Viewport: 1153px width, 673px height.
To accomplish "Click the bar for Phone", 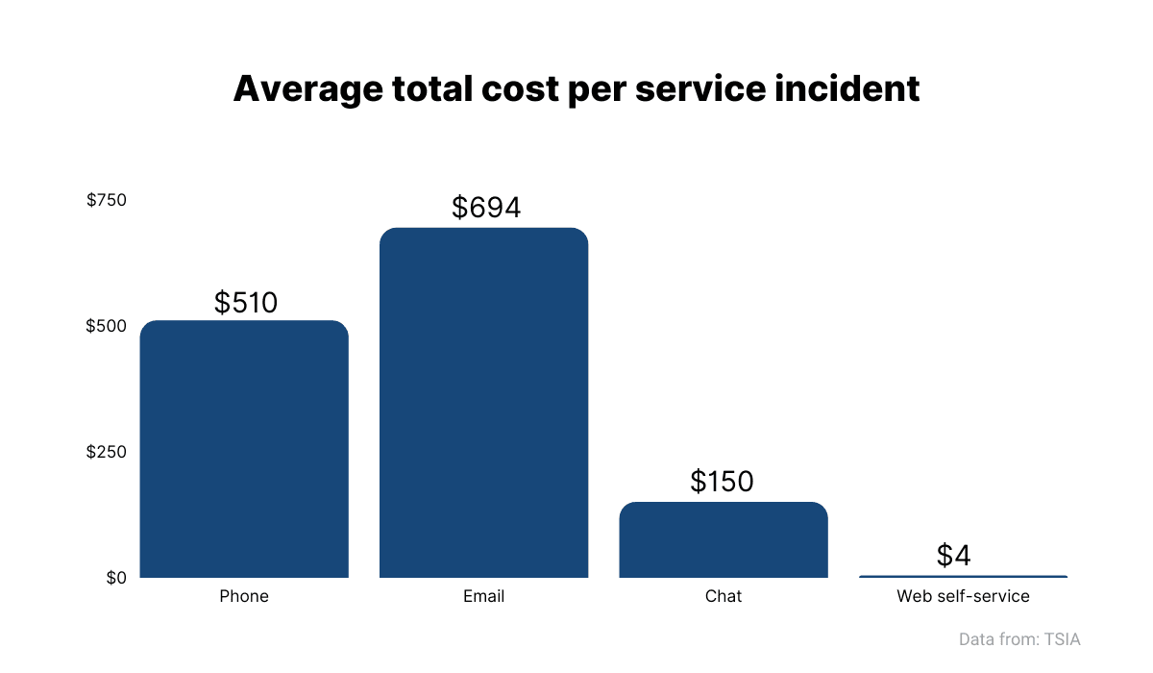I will tap(244, 449).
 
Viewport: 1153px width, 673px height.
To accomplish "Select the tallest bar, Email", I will tap(483, 403).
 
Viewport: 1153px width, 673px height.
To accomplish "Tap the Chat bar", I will tap(724, 539).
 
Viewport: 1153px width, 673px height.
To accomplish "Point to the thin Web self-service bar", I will tap(963, 576).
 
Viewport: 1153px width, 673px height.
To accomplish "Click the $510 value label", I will tap(246, 303).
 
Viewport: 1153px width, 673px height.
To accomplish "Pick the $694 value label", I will tap(486, 208).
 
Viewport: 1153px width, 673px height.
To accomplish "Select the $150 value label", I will tap(722, 482).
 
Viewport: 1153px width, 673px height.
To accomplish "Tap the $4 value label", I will tap(954, 556).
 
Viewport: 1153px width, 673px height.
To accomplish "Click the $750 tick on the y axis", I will tap(107, 200).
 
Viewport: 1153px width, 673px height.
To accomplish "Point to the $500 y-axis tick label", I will tap(107, 326).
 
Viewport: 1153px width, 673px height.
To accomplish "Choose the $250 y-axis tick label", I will tap(107, 452).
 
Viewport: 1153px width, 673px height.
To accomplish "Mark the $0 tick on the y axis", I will tap(116, 578).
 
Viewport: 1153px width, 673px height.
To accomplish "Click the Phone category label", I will tap(244, 596).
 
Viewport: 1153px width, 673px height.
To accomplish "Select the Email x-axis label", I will tap(483, 596).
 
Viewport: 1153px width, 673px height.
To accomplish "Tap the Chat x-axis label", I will tap(724, 596).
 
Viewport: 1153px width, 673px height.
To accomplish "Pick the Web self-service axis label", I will tap(963, 596).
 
